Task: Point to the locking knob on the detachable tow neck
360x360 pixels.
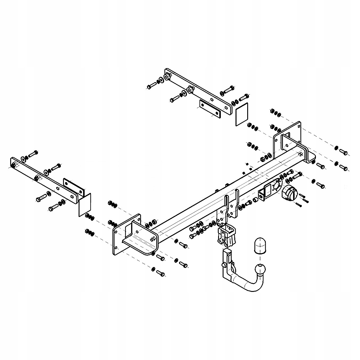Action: point(224,265)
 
